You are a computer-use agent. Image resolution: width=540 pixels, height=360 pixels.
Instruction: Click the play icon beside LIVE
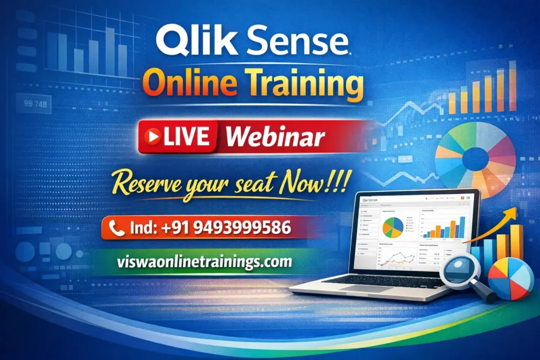[154, 136]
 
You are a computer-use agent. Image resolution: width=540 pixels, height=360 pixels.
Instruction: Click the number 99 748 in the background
[35, 104]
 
